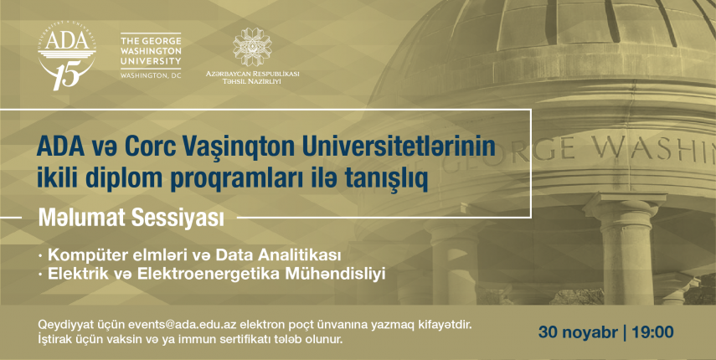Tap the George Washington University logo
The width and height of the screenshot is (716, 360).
(151, 55)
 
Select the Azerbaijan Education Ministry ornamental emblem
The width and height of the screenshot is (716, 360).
(252, 47)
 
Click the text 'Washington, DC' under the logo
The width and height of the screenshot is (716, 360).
(151, 75)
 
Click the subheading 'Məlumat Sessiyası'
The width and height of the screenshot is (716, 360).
(131, 218)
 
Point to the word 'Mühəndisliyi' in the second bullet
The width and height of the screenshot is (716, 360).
(335, 275)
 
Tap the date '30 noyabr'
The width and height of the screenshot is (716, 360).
(578, 332)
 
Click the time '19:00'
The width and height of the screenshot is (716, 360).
(652, 332)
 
